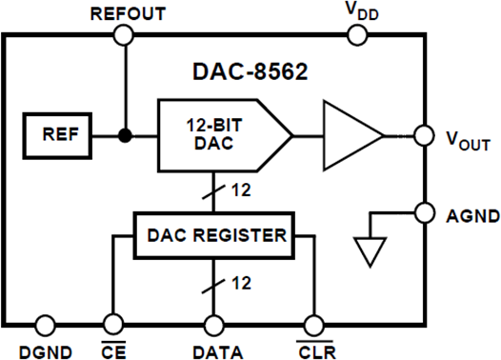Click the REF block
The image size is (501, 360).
pyautogui.click(x=54, y=135)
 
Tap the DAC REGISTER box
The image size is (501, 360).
pyautogui.click(x=213, y=233)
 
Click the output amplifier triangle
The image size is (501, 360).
pyautogui.click(x=351, y=135)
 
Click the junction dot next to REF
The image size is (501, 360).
pyautogui.click(x=124, y=135)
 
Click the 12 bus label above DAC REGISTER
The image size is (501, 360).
pyautogui.click(x=240, y=190)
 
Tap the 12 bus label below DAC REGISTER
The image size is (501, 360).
pyautogui.click(x=240, y=283)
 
